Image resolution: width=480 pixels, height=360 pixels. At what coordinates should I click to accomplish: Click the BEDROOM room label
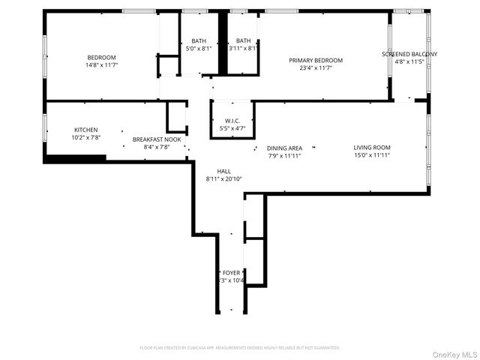[101, 58]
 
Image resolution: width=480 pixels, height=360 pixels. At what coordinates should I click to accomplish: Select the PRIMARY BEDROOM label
[316, 61]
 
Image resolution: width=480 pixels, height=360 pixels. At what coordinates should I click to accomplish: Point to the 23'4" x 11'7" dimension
[316, 68]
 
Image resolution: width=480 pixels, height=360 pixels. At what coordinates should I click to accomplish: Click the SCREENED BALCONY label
[409, 54]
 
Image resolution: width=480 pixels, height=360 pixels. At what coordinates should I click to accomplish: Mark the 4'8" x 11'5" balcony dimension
[409, 61]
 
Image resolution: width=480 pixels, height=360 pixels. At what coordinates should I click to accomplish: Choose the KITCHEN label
[85, 130]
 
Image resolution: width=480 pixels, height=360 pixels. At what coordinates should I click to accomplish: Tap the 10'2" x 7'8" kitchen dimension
[85, 138]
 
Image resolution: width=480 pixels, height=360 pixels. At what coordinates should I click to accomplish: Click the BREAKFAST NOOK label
[157, 139]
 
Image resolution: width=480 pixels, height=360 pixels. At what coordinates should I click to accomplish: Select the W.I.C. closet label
[232, 121]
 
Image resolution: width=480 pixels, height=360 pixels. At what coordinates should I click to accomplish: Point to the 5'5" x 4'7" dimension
[232, 129]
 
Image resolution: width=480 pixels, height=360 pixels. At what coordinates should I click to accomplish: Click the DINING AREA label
[284, 148]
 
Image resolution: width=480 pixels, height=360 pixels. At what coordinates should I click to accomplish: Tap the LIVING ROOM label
[372, 147]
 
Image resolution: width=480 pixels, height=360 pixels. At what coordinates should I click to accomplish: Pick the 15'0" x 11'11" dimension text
[372, 156]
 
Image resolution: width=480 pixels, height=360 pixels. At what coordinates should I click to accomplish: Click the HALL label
[224, 171]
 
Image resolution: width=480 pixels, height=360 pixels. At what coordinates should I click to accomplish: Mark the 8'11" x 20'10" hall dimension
[224, 179]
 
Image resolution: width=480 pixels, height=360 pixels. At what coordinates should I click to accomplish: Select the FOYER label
[231, 272]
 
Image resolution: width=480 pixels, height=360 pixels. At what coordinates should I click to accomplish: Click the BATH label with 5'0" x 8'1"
[198, 40]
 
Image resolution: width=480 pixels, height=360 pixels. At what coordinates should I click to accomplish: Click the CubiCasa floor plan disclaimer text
[240, 348]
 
